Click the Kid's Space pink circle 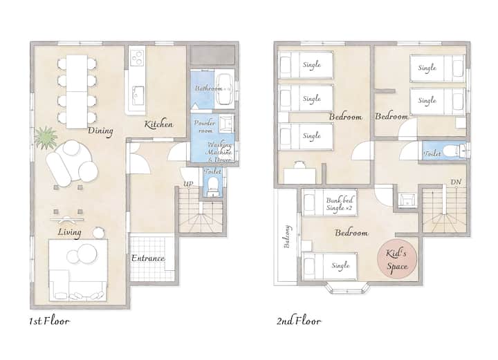coord(397,259)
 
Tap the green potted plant coord(46,138)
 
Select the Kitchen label coord(159,124)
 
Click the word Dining coord(100,131)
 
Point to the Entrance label coord(148,258)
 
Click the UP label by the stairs coord(188,184)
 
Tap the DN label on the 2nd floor coord(456,182)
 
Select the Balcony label coord(286,236)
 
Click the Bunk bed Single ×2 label coord(340,205)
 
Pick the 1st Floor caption coord(49,321)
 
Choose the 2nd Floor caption coord(299,321)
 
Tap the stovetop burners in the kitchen coord(138,56)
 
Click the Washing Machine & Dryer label coord(220,152)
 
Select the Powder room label coord(205,126)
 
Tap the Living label coord(70,232)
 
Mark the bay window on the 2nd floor coord(347,287)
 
